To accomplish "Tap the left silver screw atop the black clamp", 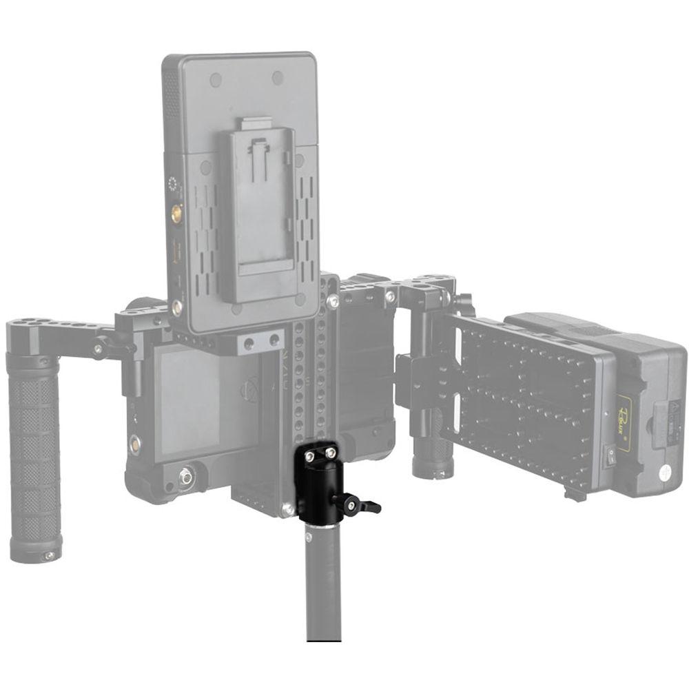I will pos(309,455).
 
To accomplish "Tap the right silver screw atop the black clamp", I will pos(331,453).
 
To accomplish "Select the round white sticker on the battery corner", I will pos(667,473).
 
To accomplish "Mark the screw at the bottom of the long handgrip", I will pos(48,555).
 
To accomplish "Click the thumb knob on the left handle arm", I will pos(102,342).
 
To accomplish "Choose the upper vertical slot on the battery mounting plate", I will pos(455,358).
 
